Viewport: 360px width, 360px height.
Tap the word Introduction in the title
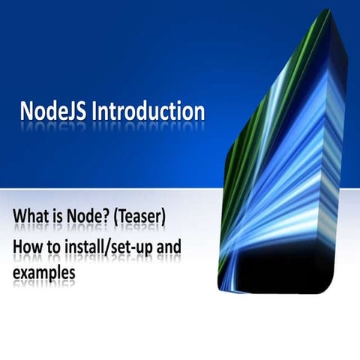(148, 111)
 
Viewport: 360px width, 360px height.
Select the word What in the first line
(28, 219)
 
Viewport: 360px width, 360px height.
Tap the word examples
(43, 274)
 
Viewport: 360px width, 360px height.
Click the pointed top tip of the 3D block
(327, 12)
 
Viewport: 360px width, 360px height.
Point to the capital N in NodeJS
(27, 111)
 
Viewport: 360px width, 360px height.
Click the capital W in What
(19, 219)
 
